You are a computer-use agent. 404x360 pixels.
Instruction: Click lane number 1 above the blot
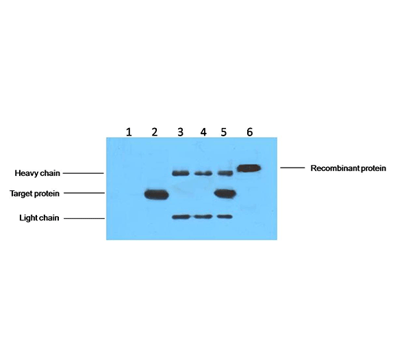click(x=129, y=132)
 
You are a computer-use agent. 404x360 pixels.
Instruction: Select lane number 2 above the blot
click(x=155, y=132)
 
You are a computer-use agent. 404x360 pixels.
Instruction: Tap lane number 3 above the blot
click(x=180, y=132)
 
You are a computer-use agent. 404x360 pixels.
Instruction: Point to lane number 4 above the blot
click(x=203, y=132)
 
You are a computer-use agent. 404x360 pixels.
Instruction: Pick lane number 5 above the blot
click(x=224, y=132)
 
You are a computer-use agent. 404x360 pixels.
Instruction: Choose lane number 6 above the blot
click(x=250, y=132)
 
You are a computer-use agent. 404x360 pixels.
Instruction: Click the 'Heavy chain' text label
click(x=37, y=173)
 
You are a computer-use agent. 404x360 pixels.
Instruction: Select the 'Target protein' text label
click(x=34, y=194)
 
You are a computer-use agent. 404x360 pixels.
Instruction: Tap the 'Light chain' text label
click(x=39, y=218)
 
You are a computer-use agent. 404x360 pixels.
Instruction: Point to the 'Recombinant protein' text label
click(x=348, y=168)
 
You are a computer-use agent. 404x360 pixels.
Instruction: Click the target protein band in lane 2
click(x=156, y=194)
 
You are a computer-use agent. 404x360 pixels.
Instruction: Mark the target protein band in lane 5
click(x=225, y=194)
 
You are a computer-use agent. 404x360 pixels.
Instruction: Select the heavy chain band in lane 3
click(x=181, y=173)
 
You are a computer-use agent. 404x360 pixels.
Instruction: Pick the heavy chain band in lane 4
click(x=203, y=173)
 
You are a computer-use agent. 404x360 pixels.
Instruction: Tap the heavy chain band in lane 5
click(x=225, y=173)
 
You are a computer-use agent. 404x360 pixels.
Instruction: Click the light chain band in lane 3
click(x=181, y=217)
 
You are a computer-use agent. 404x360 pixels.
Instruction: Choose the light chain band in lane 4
click(x=203, y=216)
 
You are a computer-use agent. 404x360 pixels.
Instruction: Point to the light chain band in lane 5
click(x=225, y=216)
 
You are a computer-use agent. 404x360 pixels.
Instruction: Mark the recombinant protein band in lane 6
click(x=249, y=168)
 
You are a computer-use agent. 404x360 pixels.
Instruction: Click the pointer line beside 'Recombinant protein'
click(x=292, y=168)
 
